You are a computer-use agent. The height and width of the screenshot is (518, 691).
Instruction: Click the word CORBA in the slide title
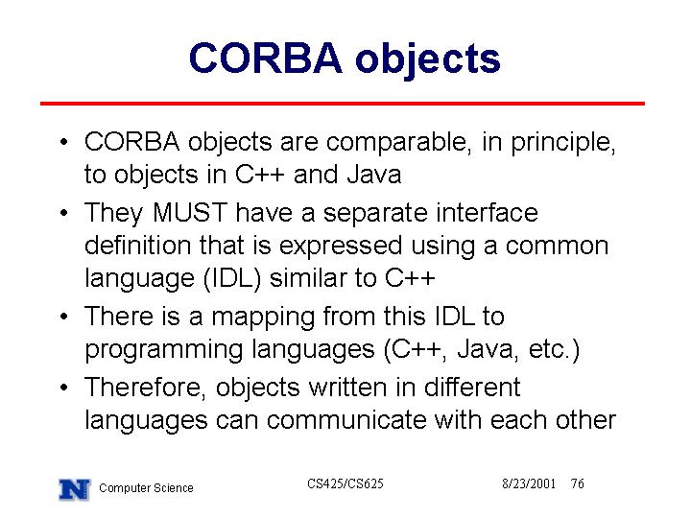coord(265,59)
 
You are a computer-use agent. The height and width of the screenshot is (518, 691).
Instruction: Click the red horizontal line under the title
coord(343,104)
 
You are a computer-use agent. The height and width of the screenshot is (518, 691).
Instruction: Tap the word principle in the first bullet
coord(562,143)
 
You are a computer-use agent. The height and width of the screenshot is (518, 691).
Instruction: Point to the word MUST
coord(189,212)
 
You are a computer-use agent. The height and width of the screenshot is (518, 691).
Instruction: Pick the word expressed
coord(340,247)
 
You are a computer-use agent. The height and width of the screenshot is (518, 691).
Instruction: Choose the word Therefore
coord(145,388)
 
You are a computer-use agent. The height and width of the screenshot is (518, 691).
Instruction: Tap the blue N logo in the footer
coord(75,489)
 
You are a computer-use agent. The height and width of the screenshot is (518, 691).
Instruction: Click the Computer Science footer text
coord(146,488)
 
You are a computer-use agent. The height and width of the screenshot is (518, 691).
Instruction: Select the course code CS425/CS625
coord(345,483)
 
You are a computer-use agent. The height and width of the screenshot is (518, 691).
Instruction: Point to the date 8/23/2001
coord(529,483)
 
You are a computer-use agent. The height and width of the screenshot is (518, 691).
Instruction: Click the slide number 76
coord(578,483)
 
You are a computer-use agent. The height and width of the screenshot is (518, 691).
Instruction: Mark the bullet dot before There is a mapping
coord(64,317)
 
